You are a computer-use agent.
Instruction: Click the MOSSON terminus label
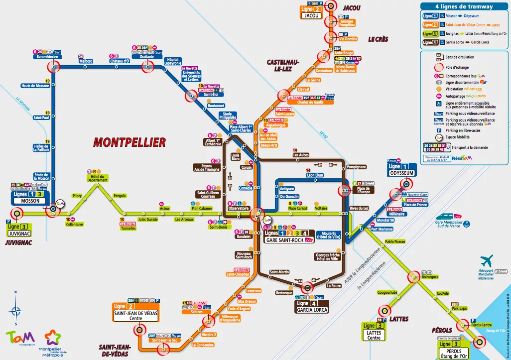point(30,201)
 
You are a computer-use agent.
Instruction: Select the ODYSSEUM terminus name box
point(402,172)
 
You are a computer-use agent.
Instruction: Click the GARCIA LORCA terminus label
point(313,309)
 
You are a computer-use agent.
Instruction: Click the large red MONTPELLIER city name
point(129,142)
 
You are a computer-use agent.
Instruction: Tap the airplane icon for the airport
point(487,260)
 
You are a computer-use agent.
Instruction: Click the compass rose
point(16,310)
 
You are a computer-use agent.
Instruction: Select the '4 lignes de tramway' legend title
point(464,6)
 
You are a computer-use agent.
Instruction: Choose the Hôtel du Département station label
point(97,178)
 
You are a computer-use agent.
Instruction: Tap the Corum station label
point(246,167)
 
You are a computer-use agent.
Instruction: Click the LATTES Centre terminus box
point(374,335)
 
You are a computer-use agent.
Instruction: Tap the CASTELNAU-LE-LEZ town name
point(283,66)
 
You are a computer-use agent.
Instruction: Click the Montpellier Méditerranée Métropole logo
point(55,341)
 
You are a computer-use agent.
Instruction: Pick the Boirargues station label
point(429,276)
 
